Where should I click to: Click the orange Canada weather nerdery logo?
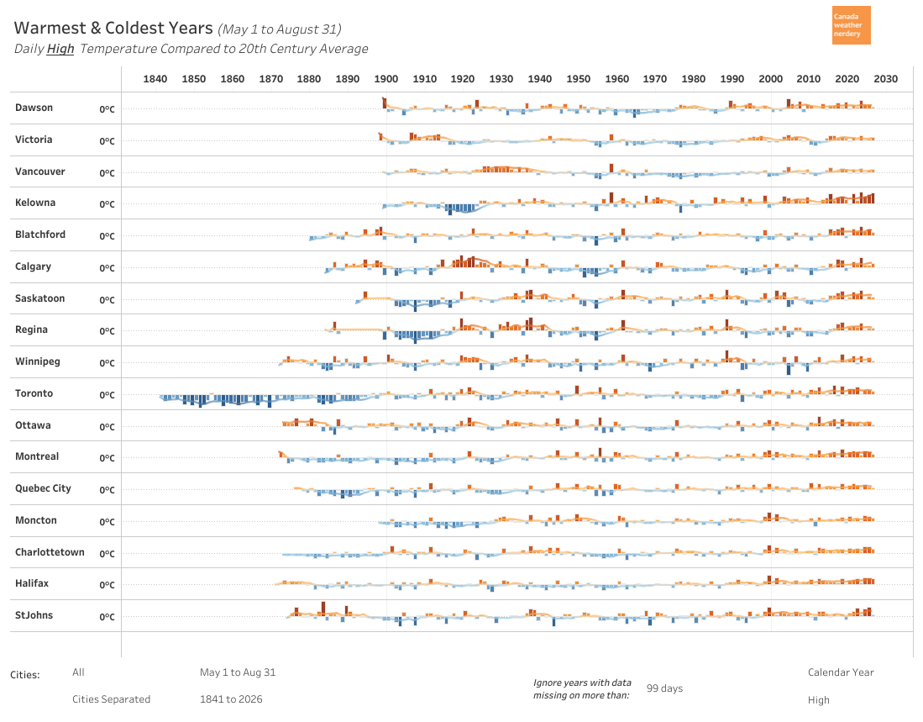(851, 25)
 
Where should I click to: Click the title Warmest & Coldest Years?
(113, 29)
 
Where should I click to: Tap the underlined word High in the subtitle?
(60, 49)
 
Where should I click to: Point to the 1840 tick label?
(155, 79)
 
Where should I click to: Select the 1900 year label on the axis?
(386, 79)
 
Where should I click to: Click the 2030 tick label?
(886, 79)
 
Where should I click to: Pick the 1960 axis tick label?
(617, 79)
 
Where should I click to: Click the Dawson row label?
(34, 108)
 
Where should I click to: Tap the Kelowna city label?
(35, 203)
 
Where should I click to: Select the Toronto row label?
(34, 393)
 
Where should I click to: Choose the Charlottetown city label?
(50, 552)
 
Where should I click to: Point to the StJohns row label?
(34, 615)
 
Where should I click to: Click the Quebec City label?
(43, 489)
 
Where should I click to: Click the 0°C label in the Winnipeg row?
(108, 363)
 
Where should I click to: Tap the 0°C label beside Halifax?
(108, 585)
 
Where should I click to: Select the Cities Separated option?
(111, 699)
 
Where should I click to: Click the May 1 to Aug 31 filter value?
(238, 672)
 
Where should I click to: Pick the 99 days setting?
(664, 688)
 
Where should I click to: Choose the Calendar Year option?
(841, 672)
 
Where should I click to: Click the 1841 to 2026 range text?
(231, 699)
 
